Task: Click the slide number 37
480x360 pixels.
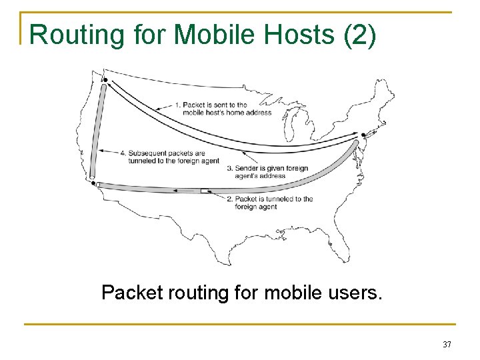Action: tap(447, 345)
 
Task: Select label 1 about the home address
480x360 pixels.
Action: tap(223, 108)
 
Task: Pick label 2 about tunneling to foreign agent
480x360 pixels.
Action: tap(273, 203)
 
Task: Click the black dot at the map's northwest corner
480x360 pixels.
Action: tap(105, 81)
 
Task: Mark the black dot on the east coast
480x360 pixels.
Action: tap(363, 135)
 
